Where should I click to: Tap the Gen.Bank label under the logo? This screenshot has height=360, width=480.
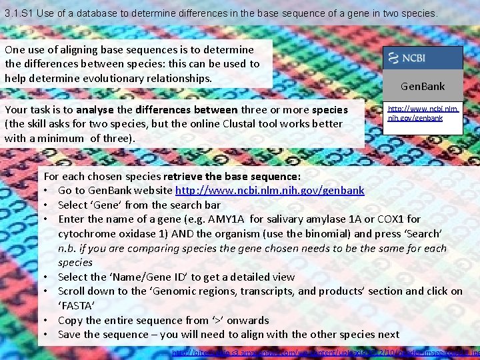pyautogui.click(x=423, y=86)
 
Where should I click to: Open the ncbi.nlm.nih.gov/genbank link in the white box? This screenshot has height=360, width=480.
pyautogui.click(x=423, y=113)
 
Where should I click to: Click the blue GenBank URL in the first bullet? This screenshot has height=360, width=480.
pyautogui.click(x=269, y=191)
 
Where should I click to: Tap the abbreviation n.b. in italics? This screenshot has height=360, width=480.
pyautogui.click(x=69, y=248)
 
